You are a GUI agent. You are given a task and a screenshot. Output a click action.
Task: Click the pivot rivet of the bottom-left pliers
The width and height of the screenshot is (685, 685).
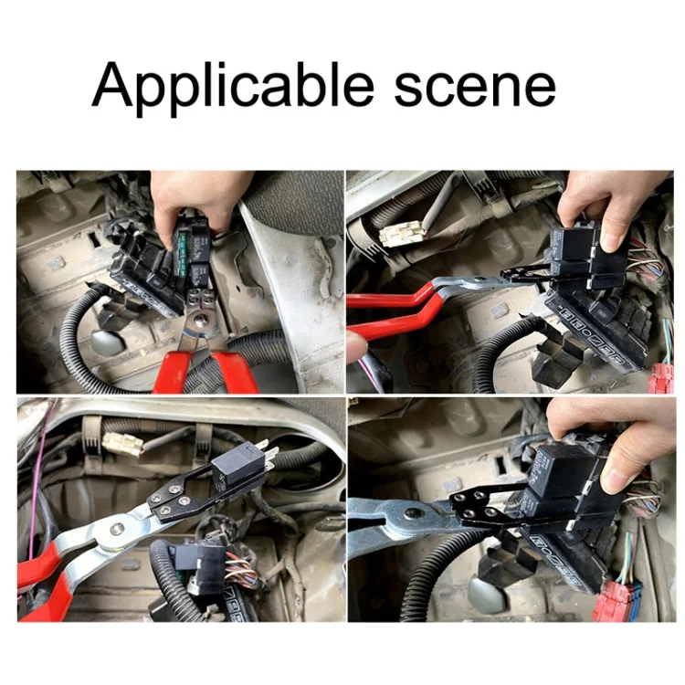click(116, 530)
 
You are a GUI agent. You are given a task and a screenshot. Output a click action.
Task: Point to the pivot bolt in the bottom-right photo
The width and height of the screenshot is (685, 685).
click(411, 512)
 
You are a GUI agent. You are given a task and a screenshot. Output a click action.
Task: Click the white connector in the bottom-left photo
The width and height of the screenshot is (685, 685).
click(123, 444)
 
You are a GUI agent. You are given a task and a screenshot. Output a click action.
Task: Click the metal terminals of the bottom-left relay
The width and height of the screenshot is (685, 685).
click(267, 455)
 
